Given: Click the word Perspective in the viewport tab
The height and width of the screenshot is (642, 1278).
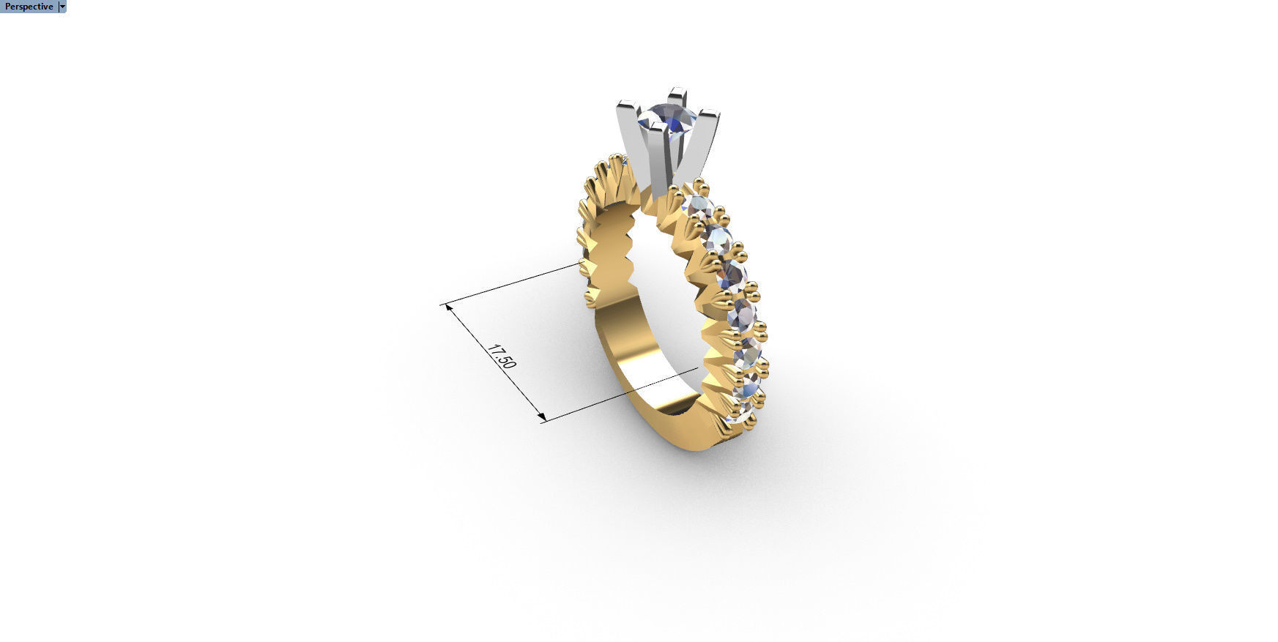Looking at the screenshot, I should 29,7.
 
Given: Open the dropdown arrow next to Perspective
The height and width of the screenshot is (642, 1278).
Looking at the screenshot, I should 62,7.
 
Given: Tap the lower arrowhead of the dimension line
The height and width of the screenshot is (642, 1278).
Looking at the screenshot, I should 541,418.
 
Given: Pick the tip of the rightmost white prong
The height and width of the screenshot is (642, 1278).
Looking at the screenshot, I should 710,114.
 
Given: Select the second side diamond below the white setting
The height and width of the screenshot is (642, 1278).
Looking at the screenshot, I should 717,238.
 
